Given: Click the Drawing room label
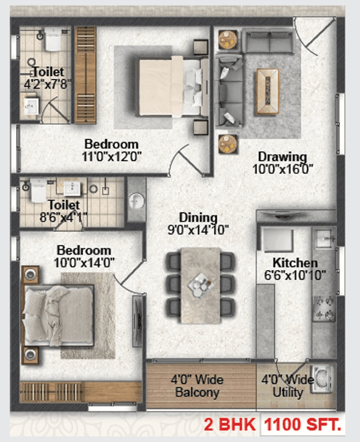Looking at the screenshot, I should (x=282, y=155).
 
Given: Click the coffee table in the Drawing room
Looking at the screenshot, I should (x=267, y=91).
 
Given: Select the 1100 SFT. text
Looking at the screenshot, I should (x=302, y=424).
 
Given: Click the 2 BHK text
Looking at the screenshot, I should (x=233, y=424).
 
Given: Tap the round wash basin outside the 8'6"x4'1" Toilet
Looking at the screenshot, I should (x=136, y=200).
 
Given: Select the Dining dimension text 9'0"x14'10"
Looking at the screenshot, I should (x=198, y=231).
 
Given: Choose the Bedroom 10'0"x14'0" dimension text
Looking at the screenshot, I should (x=84, y=263).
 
